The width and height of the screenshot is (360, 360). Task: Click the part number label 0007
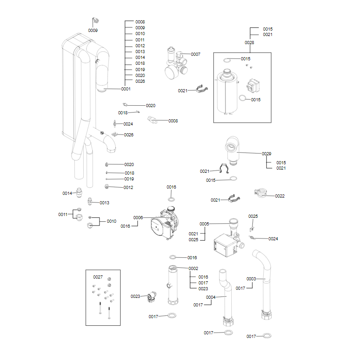point(195,54)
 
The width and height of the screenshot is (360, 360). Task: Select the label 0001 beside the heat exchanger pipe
point(126,89)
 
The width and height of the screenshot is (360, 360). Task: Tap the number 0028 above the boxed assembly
point(249,42)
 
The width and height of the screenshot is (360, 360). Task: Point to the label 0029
point(267,153)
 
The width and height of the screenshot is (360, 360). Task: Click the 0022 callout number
point(280,196)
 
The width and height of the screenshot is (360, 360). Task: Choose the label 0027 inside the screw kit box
point(98,276)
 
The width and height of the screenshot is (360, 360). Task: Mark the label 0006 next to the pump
point(138,217)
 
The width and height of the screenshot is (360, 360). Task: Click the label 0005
point(204,224)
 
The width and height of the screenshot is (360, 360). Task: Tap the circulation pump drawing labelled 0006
point(162,221)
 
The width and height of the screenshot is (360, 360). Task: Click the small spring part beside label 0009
point(95,21)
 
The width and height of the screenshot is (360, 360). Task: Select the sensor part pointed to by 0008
point(152,120)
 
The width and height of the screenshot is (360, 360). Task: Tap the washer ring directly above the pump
point(172,198)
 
